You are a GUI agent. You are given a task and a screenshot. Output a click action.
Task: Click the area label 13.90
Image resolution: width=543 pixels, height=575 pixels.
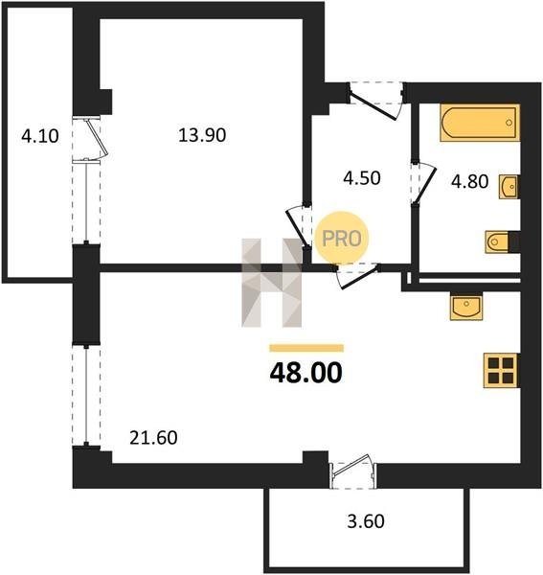point(202,135)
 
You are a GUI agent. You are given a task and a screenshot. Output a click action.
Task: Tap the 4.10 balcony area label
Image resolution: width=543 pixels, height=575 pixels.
point(40,136)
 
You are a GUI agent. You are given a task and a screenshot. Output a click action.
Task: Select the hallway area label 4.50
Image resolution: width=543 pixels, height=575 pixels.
point(362,178)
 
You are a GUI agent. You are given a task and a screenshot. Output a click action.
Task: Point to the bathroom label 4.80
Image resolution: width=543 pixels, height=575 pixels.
point(469,181)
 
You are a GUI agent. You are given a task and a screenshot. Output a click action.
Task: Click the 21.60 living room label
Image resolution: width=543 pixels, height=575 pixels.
point(153,438)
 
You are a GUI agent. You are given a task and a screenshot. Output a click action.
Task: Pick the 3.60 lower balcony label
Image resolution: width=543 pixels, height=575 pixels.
point(366,521)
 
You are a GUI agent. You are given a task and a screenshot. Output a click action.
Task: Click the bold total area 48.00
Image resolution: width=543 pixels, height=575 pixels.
point(305,373)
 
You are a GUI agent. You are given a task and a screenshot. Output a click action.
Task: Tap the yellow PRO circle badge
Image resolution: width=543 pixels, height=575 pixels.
point(342,238)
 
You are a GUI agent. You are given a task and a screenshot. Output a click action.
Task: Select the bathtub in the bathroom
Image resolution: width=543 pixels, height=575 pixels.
point(480,123)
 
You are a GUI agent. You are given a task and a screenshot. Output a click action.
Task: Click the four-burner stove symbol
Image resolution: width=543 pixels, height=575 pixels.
point(501,370)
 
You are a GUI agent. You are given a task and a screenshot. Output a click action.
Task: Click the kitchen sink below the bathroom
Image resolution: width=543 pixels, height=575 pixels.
point(466,307)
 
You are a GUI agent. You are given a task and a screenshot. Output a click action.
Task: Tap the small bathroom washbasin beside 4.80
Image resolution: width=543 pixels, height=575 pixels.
point(509,187)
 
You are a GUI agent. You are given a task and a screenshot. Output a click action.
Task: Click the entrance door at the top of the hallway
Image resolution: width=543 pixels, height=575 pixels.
point(376,101)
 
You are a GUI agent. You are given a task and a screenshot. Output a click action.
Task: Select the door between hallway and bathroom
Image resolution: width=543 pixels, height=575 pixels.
point(423,183)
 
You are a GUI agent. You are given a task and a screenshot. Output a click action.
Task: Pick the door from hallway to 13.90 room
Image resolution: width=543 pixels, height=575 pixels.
point(299,226)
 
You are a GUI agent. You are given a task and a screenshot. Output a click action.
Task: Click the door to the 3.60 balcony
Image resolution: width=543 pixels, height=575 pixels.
point(353,471)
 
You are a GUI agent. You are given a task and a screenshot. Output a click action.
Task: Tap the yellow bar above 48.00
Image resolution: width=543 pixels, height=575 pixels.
point(306,348)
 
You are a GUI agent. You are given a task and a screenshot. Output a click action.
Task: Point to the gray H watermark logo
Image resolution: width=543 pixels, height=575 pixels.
point(272,283)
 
